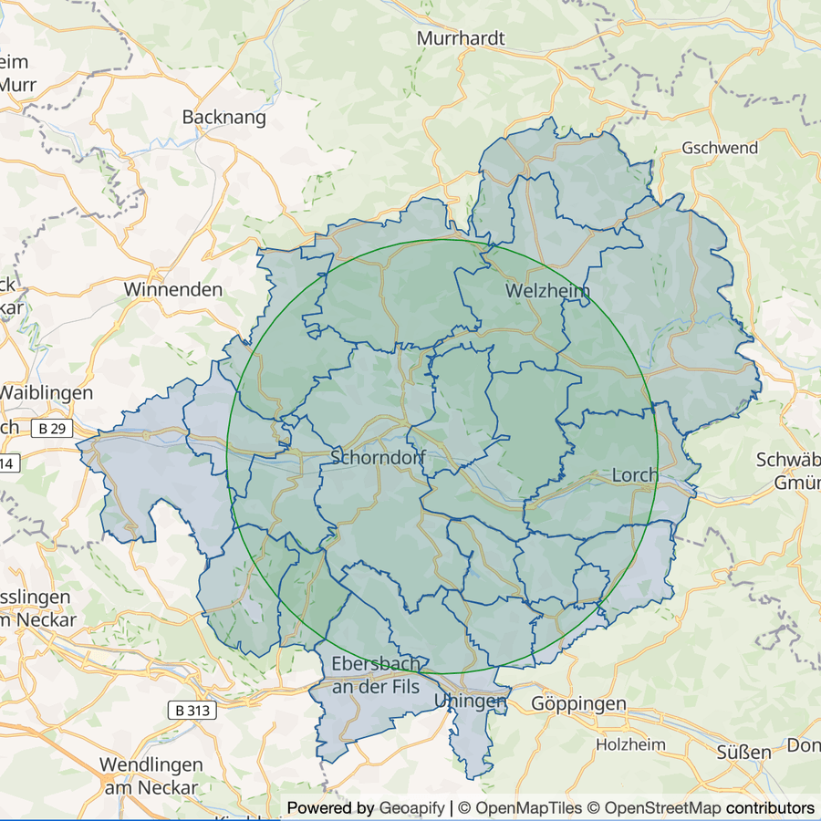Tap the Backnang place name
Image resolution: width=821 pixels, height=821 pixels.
(224, 117)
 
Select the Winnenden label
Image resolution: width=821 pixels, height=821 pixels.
(173, 289)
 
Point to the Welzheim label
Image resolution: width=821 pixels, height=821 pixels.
(547, 291)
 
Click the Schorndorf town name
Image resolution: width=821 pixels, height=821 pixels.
(379, 457)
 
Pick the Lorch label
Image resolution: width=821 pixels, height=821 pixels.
(635, 475)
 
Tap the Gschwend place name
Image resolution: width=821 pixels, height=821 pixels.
(720, 148)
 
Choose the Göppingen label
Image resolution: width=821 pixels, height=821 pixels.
(578, 703)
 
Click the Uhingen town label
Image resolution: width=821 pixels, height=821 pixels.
(471, 701)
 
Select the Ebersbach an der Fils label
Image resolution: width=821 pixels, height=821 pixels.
(376, 675)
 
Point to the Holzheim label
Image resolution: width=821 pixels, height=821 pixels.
(630, 744)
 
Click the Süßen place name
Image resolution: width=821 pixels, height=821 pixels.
(743, 753)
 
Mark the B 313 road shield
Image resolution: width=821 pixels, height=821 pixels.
(193, 710)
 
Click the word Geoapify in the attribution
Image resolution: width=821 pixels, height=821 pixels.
(412, 808)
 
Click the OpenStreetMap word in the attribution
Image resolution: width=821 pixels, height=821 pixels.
(662, 808)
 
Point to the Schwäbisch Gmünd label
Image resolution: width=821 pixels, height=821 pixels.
(788, 471)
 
